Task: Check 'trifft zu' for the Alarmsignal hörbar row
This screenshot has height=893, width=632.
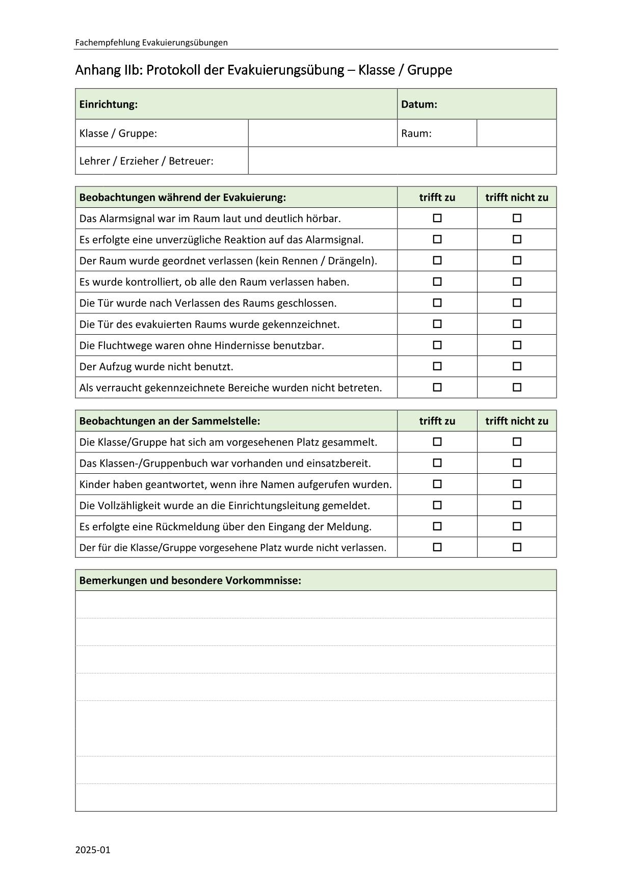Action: tap(437, 218)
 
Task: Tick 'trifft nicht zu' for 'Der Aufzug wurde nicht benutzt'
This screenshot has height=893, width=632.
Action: tap(517, 366)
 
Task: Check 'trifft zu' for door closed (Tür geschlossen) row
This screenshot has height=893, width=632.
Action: tap(437, 303)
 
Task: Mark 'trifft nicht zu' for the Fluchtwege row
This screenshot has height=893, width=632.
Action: tap(517, 345)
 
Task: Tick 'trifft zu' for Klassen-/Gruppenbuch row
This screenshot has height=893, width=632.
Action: tap(437, 463)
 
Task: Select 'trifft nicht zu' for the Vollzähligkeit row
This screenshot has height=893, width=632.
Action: tap(517, 505)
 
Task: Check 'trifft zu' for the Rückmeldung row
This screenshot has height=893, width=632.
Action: tap(437, 526)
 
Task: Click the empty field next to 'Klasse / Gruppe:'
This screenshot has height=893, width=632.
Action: tap(322, 133)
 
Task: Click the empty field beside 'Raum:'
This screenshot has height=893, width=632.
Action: tap(516, 133)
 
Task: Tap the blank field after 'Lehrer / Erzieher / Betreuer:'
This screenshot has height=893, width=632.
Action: tap(402, 161)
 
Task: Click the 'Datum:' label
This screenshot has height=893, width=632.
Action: tap(419, 104)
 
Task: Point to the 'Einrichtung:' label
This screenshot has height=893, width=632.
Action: tap(109, 104)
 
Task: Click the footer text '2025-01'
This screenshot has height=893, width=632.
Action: tap(93, 850)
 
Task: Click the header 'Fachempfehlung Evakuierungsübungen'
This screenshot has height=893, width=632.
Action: tap(151, 43)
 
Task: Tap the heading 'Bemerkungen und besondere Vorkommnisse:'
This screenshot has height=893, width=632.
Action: tap(190, 581)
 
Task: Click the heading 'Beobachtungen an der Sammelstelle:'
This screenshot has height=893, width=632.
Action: tap(170, 421)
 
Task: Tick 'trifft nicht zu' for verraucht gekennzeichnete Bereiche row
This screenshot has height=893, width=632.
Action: tap(517, 387)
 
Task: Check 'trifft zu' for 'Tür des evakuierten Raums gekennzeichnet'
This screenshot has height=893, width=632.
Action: tap(437, 324)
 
